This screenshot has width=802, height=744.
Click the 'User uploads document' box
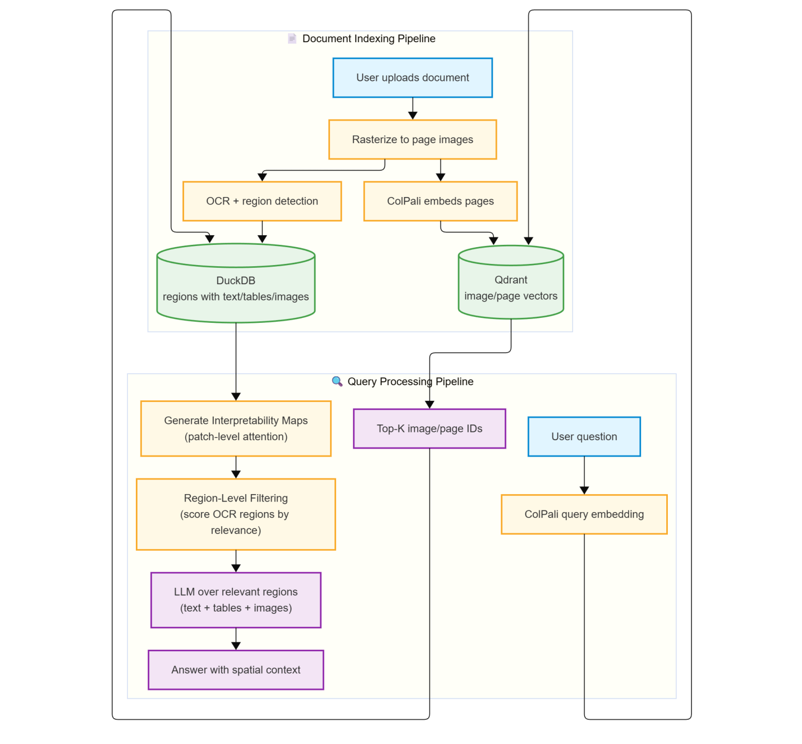(x=413, y=78)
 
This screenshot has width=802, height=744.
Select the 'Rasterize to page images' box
(x=413, y=140)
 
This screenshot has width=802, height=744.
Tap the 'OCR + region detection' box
(x=262, y=202)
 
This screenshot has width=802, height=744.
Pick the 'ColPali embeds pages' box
(x=441, y=202)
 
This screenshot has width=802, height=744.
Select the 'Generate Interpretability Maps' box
(x=236, y=428)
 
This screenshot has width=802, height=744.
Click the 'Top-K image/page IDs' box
(x=429, y=429)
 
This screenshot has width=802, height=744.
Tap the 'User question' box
(x=584, y=437)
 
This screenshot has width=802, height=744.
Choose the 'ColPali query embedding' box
(x=584, y=514)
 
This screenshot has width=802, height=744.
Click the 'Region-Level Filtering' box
(x=236, y=514)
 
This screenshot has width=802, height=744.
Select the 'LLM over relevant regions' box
(x=236, y=600)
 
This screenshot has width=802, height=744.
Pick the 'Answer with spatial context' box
(x=236, y=670)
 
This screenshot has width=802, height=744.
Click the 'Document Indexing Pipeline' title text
(x=369, y=39)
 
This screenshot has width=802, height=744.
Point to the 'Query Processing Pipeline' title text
(x=410, y=382)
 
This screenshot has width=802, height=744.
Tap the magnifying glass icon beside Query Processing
(x=337, y=381)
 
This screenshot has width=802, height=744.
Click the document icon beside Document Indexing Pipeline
(x=292, y=38)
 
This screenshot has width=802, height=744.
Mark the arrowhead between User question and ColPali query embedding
(x=584, y=490)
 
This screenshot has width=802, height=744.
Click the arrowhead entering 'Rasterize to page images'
(x=413, y=116)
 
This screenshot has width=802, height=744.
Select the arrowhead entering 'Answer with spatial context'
(x=236, y=646)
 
